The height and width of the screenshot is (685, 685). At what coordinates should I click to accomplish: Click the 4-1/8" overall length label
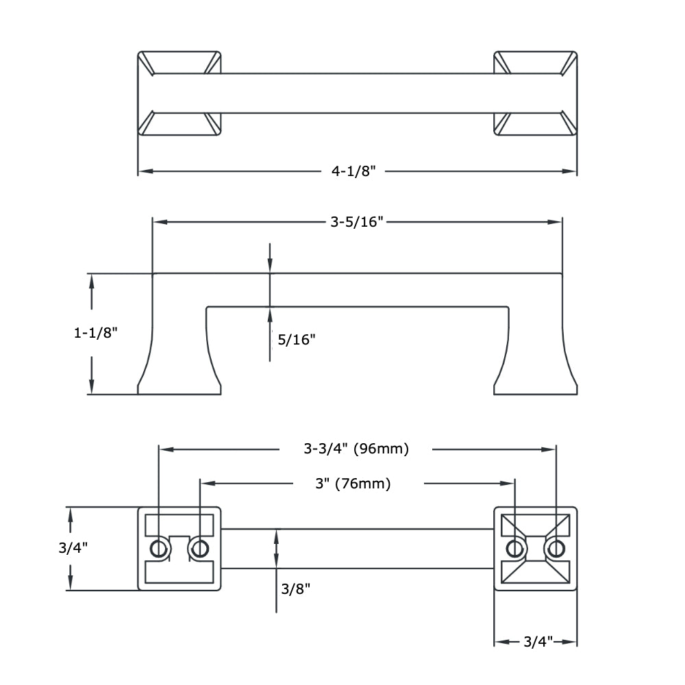coord(355,171)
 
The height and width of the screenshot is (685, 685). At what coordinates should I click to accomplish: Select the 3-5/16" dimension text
coord(356,221)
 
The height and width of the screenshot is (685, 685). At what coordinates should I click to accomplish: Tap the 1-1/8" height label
coord(96,333)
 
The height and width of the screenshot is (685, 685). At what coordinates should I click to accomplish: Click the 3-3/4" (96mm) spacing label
coord(356,449)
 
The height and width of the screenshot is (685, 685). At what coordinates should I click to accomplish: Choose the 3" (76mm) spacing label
coord(353,484)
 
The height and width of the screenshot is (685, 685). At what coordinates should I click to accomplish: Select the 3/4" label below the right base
coord(538,642)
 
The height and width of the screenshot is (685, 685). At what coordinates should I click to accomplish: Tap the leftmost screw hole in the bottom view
coord(159,548)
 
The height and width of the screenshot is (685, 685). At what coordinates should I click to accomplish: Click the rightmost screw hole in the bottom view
coord(556,548)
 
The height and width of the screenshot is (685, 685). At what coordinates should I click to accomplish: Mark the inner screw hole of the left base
coord(200,548)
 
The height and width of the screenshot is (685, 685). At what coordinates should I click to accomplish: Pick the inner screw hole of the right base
coord(514,548)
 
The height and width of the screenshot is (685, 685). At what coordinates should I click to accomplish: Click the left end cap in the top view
coord(179,92)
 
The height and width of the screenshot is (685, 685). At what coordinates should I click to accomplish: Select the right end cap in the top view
coord(535,92)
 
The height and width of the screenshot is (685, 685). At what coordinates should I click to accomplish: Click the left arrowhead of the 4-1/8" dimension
coord(144,171)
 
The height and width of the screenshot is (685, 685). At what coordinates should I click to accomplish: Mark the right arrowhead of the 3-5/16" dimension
coord(557,221)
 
